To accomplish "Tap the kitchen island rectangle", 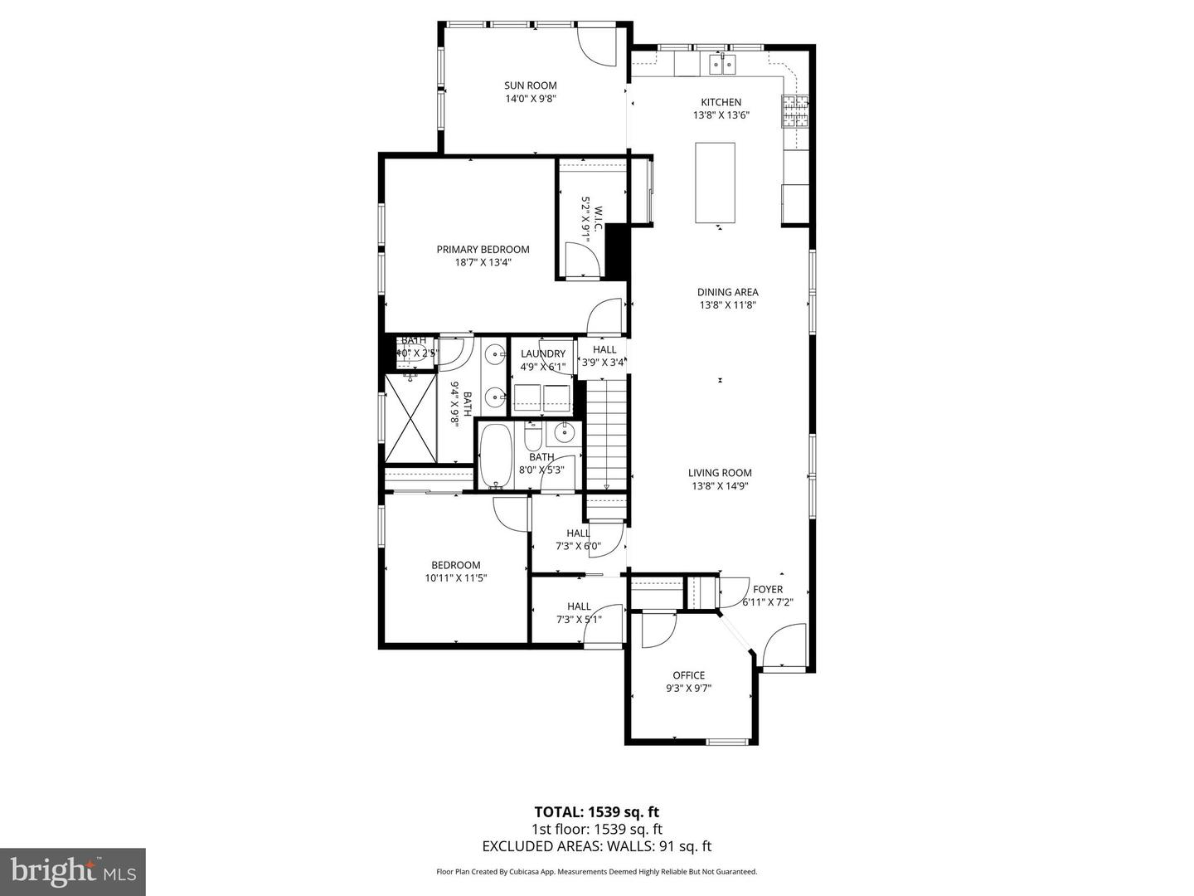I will (x=715, y=183).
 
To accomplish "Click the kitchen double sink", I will (x=722, y=64).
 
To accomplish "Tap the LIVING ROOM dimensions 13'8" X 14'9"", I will (x=720, y=487).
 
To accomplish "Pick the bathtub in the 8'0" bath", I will (x=497, y=456).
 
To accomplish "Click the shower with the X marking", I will (x=411, y=417).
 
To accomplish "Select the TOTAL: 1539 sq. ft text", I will (x=596, y=811).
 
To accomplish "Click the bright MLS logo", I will (x=73, y=871).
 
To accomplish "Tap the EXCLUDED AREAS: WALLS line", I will (x=596, y=846).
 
